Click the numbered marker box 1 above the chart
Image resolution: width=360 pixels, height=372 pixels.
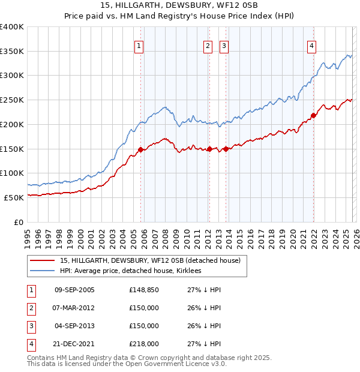coord(139,46)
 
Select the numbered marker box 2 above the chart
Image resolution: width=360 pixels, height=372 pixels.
coord(208,46)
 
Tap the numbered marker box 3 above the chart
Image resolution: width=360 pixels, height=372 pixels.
coord(224,46)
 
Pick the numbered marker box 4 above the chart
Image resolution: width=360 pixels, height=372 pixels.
coord(312,46)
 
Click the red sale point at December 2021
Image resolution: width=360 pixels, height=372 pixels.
coord(313,115)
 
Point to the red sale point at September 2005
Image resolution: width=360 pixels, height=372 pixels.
coord(140,149)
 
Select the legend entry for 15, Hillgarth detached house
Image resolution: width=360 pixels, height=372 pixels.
coord(150,260)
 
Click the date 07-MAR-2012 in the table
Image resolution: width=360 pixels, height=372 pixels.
coord(74,308)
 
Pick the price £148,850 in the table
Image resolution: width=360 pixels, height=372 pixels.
coord(144,290)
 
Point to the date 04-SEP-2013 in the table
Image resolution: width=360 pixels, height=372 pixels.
coord(74,326)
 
